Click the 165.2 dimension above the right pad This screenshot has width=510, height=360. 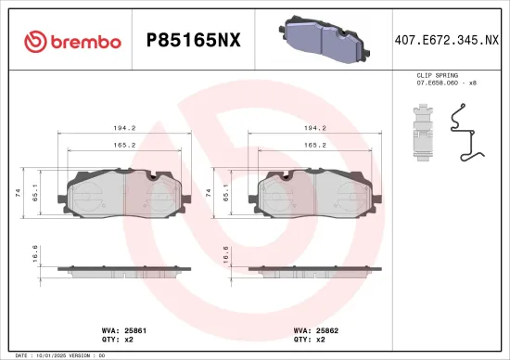pos(314,145)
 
